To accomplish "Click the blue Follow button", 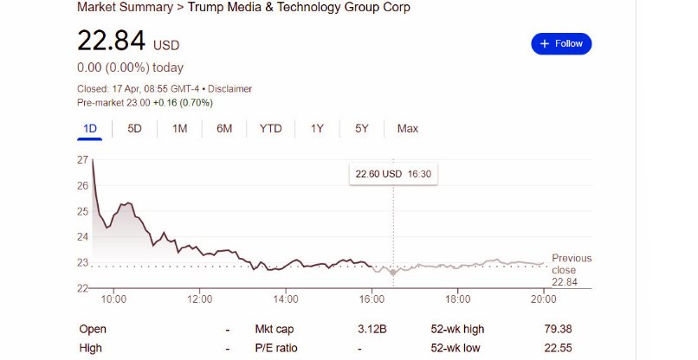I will [x=561, y=43].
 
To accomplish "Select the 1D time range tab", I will [x=89, y=129].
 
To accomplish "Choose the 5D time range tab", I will [x=134, y=129].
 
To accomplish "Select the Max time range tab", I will [x=407, y=129].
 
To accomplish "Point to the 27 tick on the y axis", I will [x=83, y=160].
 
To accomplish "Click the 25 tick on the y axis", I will [x=83, y=211].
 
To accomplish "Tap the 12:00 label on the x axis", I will [x=199, y=299].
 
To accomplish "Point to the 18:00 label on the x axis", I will [x=457, y=299].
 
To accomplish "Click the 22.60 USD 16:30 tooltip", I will [x=393, y=174].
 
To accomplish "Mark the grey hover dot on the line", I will [x=393, y=272].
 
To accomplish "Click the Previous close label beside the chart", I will [x=572, y=264].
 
